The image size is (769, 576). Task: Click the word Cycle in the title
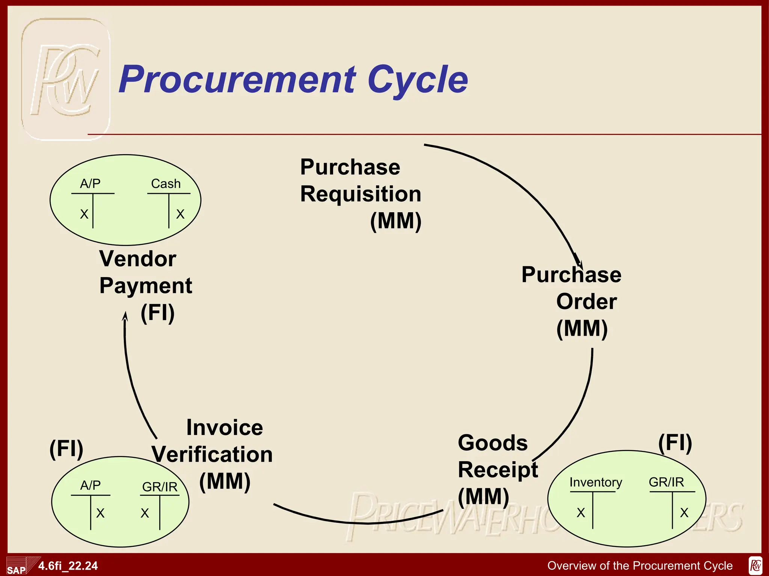click(x=418, y=79)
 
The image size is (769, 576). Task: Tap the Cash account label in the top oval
click(x=166, y=184)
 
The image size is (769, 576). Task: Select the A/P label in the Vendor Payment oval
click(x=90, y=183)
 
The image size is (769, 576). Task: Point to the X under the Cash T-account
click(x=180, y=214)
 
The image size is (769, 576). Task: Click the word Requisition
click(x=360, y=194)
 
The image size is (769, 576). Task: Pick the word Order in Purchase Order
click(x=586, y=301)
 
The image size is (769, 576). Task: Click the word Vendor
click(x=138, y=259)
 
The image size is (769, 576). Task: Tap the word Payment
click(x=146, y=286)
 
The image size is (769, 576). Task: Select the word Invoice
click(x=225, y=427)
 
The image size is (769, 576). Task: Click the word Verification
click(x=212, y=454)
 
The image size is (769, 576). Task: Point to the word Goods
click(x=493, y=443)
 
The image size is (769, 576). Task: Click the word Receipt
click(x=498, y=470)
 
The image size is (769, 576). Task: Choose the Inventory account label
click(x=596, y=482)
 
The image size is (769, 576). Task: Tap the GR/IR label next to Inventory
click(x=666, y=482)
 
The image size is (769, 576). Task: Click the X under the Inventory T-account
click(x=581, y=513)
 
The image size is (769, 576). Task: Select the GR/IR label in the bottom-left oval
click(x=160, y=487)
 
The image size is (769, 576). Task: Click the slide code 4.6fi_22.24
click(x=68, y=565)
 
